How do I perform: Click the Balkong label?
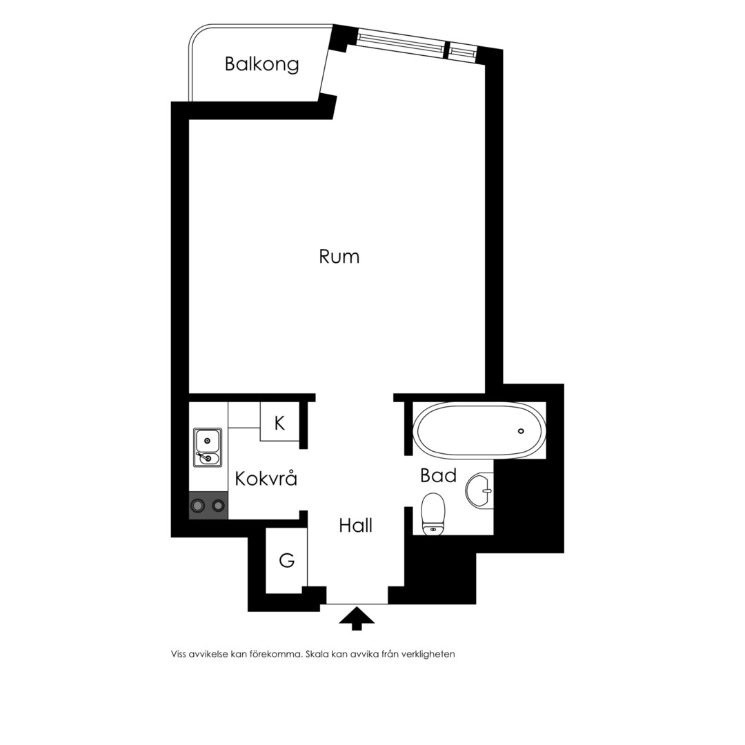click(262, 64)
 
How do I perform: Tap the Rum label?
click(339, 257)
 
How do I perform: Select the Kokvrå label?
click(266, 478)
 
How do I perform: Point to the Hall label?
click(355, 526)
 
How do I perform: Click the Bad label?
click(438, 475)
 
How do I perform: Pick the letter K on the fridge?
click(279, 422)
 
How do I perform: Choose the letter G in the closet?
click(286, 561)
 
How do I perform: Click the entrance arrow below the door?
click(357, 618)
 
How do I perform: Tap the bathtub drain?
click(521, 431)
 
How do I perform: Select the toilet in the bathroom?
click(433, 514)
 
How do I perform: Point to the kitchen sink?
click(208, 448)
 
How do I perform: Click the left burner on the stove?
click(198, 506)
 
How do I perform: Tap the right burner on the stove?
click(218, 506)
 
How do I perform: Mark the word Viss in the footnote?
click(179, 654)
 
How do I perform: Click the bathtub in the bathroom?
click(481, 431)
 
